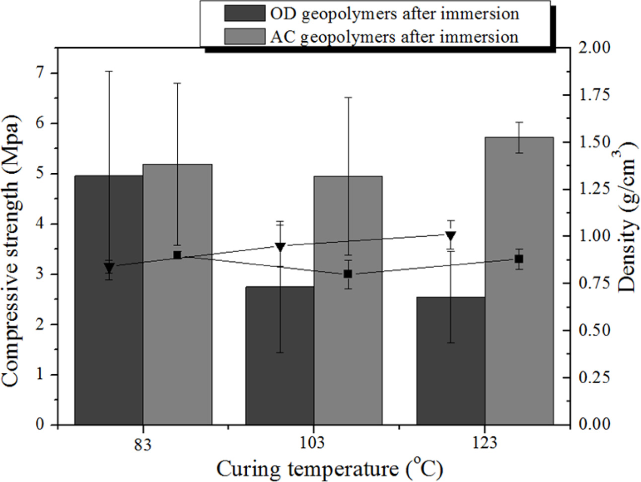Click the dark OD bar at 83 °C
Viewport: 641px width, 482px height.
point(108,347)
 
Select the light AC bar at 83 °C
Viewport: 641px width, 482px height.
point(177,347)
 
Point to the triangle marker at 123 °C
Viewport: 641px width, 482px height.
point(451,236)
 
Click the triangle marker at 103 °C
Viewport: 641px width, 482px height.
point(280,247)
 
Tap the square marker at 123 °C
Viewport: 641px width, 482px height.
point(519,259)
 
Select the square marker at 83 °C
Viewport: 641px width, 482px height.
point(177,255)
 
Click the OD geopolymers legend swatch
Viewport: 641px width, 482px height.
point(244,13)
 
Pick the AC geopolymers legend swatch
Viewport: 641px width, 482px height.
point(244,36)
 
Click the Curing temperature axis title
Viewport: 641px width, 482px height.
point(329,469)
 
